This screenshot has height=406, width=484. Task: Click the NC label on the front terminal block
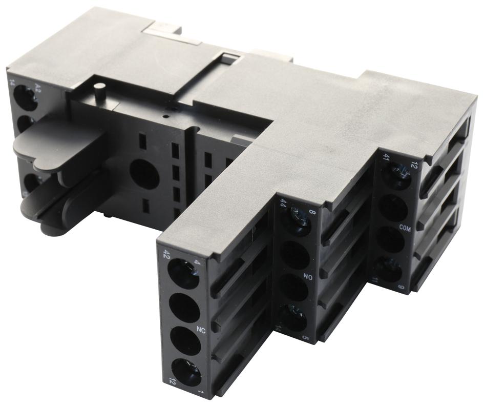click(201, 330)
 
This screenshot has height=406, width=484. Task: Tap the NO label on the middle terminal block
click(308, 277)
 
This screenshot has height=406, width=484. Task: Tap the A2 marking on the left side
click(37, 85)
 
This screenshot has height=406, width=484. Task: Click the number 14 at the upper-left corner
click(11, 82)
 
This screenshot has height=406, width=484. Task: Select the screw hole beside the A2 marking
click(25, 97)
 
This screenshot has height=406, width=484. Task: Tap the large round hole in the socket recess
click(144, 173)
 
